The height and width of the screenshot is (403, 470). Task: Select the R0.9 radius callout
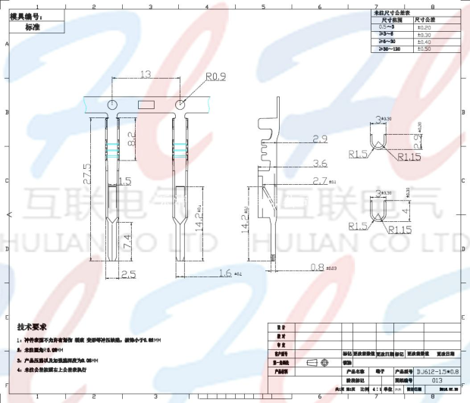point(216,77)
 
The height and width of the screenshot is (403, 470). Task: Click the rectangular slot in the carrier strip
point(146,104)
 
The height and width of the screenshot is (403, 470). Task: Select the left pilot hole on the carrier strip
point(111,104)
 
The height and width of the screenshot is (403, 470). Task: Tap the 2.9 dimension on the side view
point(319,139)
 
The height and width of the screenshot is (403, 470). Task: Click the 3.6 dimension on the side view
point(319,163)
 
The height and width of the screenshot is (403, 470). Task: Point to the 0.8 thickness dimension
point(318,266)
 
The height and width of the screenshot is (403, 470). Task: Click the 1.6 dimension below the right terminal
point(224,272)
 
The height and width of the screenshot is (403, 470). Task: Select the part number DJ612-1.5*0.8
point(438,372)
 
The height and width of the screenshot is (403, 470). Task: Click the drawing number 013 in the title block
point(437,380)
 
